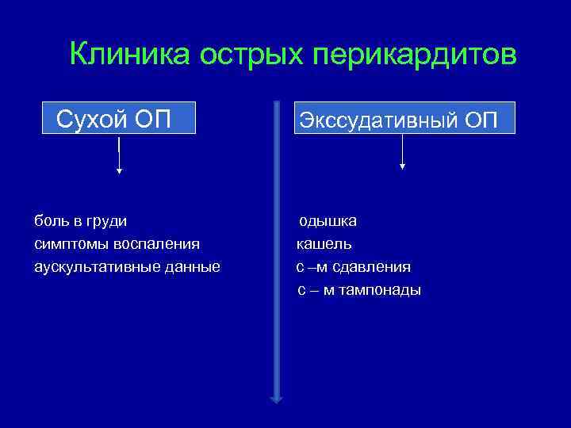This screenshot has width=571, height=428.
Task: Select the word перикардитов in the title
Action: (412, 55)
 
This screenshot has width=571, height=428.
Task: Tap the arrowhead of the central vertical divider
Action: (276, 399)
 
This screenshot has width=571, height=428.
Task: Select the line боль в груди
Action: (80, 220)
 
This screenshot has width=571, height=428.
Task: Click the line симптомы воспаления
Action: (117, 243)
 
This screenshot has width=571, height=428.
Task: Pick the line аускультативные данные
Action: (127, 266)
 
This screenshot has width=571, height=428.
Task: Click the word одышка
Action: (328, 220)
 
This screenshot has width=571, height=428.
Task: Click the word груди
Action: (109, 220)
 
